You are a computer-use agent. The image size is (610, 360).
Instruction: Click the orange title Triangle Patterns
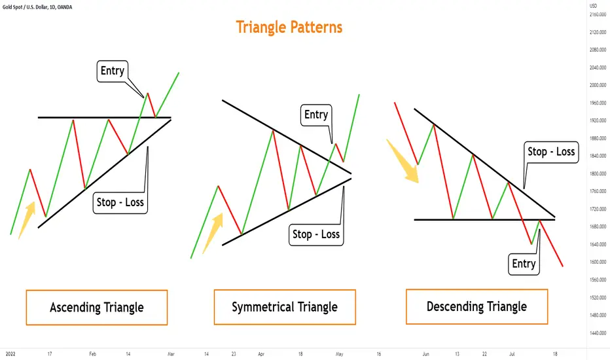(289, 27)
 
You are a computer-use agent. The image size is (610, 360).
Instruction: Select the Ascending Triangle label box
(97, 308)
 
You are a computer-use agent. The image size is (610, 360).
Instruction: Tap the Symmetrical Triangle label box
(285, 307)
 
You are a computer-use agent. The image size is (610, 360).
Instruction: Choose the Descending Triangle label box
(476, 307)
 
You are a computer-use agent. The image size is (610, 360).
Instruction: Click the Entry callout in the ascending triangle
(113, 71)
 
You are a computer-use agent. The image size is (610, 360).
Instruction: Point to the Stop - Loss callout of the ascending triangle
(120, 202)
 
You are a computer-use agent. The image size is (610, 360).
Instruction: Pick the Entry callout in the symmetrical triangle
(316, 115)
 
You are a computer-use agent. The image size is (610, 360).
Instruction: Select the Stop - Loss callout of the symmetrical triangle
(316, 234)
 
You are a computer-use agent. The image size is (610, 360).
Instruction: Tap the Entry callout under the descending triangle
(524, 264)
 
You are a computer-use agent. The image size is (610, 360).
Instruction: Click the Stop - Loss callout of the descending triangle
(551, 152)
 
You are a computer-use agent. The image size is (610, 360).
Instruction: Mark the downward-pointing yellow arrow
(403, 161)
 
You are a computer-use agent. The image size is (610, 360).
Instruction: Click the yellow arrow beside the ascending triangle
(27, 220)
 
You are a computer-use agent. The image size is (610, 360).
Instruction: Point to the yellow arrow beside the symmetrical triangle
(213, 233)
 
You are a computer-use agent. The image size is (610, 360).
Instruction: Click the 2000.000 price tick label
(598, 85)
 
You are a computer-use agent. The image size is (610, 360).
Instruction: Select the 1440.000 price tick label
(598, 333)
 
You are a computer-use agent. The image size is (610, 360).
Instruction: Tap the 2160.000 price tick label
(598, 15)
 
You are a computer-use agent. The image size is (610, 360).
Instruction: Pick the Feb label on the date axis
(92, 354)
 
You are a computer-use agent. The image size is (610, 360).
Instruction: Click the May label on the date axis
(339, 354)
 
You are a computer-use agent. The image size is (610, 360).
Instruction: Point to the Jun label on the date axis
(426, 354)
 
